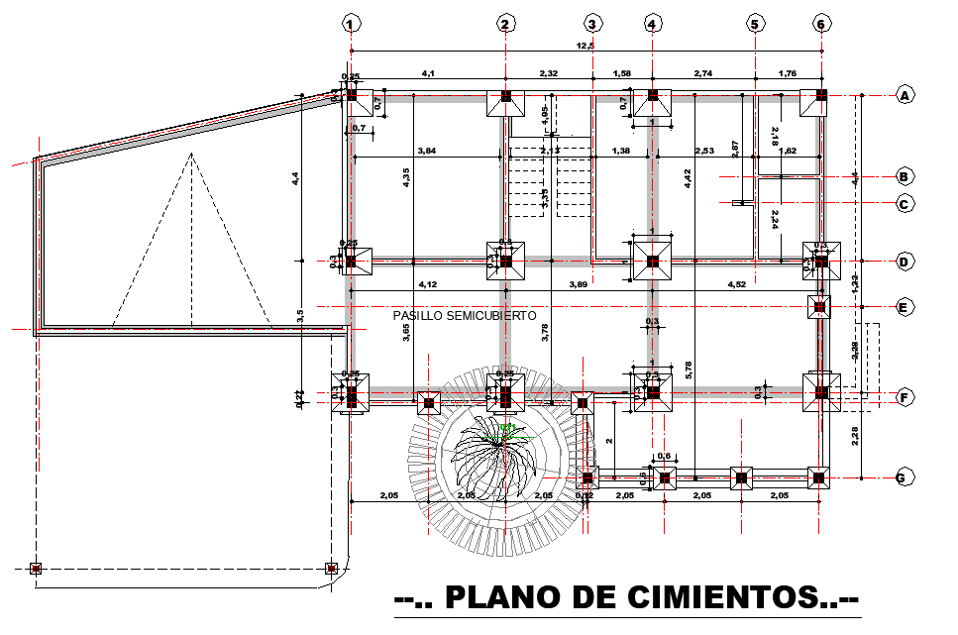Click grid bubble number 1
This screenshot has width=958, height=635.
(x=350, y=23)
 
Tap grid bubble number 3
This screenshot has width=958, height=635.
(x=592, y=23)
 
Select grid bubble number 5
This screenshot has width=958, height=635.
(x=755, y=23)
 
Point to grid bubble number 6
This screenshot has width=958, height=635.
(x=820, y=23)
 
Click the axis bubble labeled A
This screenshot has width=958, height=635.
(x=904, y=95)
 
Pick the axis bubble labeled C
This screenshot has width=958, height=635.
(x=904, y=204)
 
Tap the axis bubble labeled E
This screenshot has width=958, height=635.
(x=904, y=307)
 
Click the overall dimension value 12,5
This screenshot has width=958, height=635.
(x=585, y=46)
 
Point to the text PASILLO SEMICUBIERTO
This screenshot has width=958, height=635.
(x=465, y=315)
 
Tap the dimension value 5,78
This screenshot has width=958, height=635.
(x=689, y=372)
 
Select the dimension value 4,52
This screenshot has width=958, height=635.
(x=736, y=285)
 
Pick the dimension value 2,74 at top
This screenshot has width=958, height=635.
(x=703, y=73)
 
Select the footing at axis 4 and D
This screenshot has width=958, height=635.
(x=652, y=262)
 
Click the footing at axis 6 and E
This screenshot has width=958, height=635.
(x=819, y=307)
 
